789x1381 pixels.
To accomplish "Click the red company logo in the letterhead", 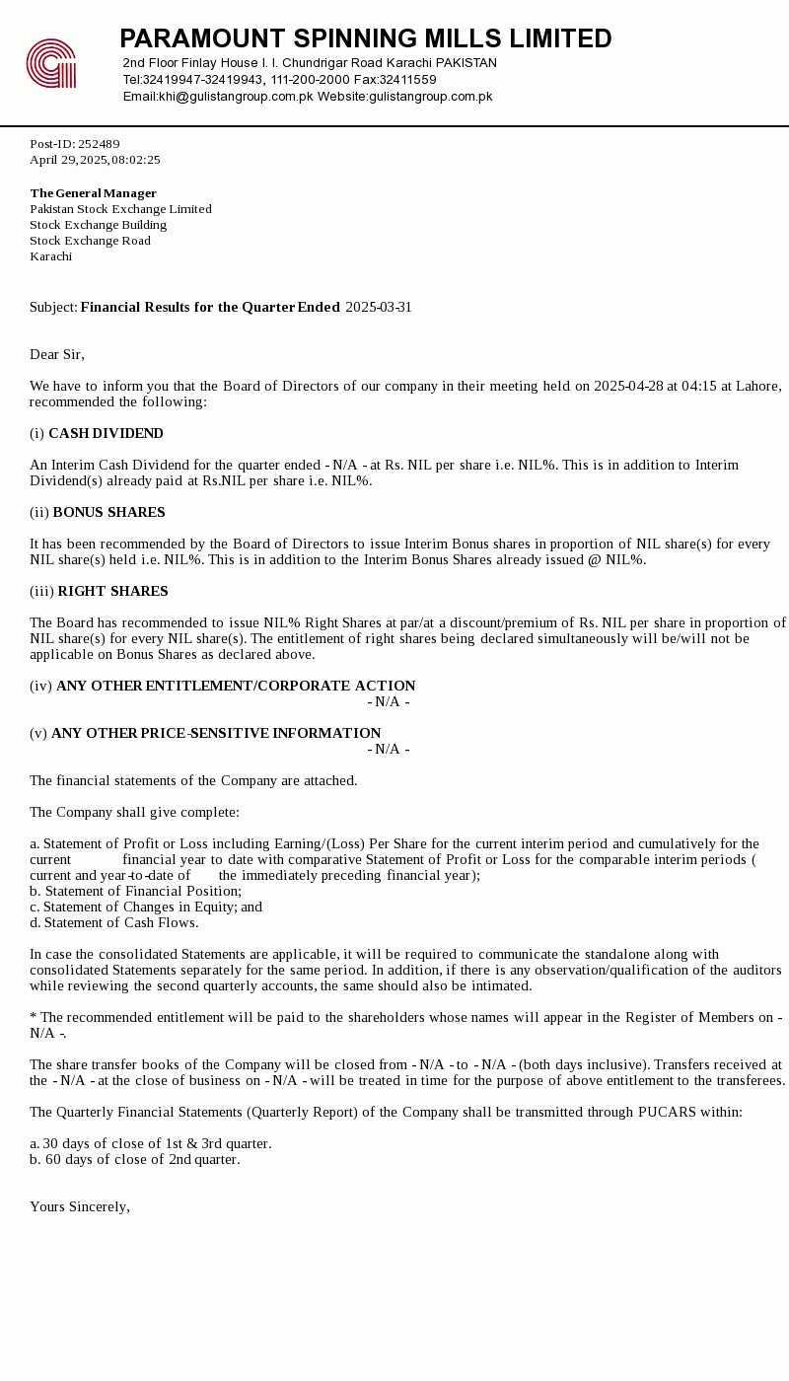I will [x=51, y=64].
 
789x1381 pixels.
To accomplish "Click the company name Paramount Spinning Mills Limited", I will [x=365, y=39].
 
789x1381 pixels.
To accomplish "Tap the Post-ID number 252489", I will [x=99, y=144].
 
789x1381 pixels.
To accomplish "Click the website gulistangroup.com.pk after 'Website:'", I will [x=430, y=97].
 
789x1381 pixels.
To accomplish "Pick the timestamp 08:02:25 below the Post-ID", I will [x=136, y=160].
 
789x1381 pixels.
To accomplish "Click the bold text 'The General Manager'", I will [x=94, y=193].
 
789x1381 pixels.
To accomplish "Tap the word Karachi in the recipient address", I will [x=51, y=256].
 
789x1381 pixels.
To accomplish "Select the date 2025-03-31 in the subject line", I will [x=379, y=308].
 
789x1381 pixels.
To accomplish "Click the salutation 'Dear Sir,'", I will [x=57, y=355].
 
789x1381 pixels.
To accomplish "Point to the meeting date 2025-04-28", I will [x=628, y=387].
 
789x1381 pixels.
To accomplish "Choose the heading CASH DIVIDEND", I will [x=106, y=434].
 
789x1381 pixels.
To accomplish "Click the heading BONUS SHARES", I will [x=108, y=513].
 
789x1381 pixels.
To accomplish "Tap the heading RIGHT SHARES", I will [x=112, y=592].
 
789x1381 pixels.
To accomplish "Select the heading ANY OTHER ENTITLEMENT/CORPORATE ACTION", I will [x=236, y=687].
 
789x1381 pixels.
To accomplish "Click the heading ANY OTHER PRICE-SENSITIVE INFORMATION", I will [x=216, y=734].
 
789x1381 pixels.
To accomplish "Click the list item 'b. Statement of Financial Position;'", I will [x=135, y=892].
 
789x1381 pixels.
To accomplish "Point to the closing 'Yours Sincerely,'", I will [x=80, y=1207].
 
